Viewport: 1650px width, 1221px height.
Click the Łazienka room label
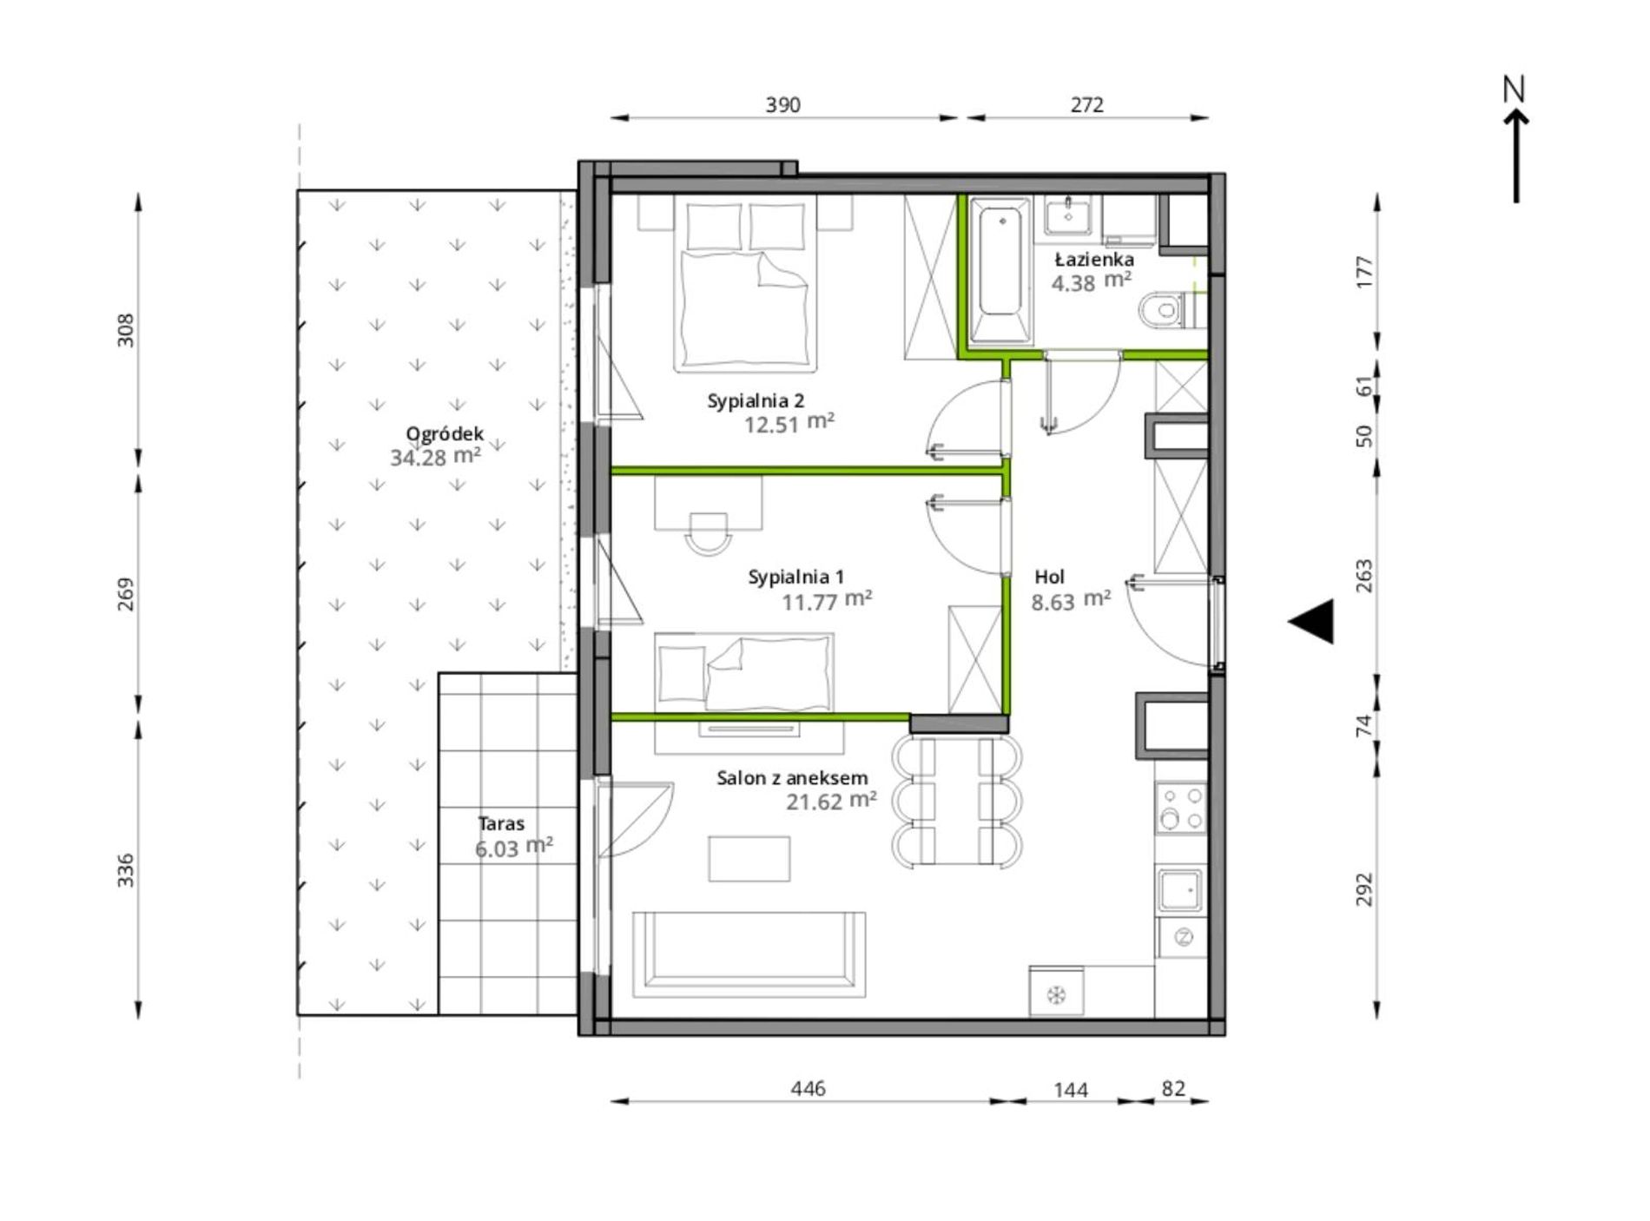click(1094, 260)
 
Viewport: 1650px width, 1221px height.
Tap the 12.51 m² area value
click(789, 424)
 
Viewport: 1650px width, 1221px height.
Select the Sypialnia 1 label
click(796, 577)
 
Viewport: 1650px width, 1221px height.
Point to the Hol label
click(1050, 577)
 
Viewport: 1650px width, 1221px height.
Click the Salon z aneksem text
click(792, 778)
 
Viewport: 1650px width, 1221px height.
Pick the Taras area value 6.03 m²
click(514, 848)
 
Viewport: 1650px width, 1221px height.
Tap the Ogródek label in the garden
click(445, 434)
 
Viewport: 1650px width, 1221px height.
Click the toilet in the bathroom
click(1169, 310)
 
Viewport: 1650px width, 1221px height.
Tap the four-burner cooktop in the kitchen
click(1181, 808)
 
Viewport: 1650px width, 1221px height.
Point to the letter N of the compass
click(1515, 89)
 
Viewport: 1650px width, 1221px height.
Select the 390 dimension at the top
click(782, 105)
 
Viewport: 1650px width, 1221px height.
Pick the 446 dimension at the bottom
click(808, 1088)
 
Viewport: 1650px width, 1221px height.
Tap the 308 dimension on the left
click(126, 330)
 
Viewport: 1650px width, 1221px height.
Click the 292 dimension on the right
click(1364, 889)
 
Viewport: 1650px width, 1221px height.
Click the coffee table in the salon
click(749, 858)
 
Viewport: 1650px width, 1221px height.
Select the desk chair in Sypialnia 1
click(708, 533)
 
